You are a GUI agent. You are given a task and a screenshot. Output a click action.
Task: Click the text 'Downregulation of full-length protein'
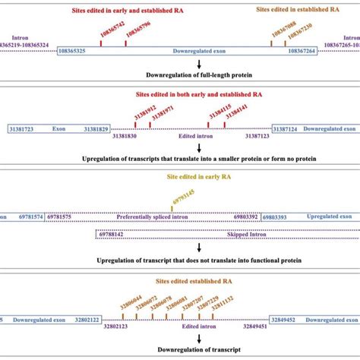[x=199, y=75]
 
